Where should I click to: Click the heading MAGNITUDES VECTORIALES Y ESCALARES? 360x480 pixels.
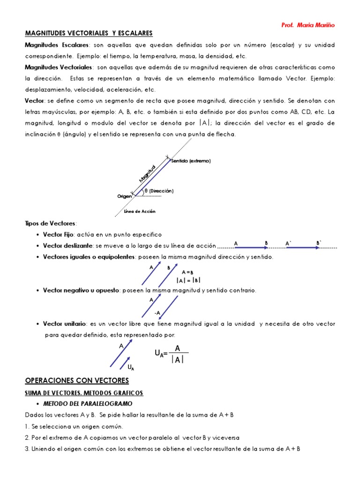click(89, 33)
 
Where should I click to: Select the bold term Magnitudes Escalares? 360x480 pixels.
click(57, 45)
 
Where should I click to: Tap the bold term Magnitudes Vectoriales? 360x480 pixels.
click(59, 67)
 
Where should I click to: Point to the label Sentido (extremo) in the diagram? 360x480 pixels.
click(191, 161)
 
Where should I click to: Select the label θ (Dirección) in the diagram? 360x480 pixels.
click(159, 191)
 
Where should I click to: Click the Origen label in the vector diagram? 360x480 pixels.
click(125, 196)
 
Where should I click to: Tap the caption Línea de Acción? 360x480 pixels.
click(140, 211)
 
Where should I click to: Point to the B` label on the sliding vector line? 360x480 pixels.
click(319, 243)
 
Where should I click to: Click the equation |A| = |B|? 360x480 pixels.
click(188, 280)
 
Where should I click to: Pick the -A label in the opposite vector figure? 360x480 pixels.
click(157, 312)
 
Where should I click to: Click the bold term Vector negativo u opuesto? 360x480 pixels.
click(82, 290)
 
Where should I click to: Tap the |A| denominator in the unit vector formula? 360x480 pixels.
click(177, 360)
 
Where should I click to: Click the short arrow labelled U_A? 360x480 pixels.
click(126, 363)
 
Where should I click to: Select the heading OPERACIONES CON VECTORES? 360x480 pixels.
click(76, 380)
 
